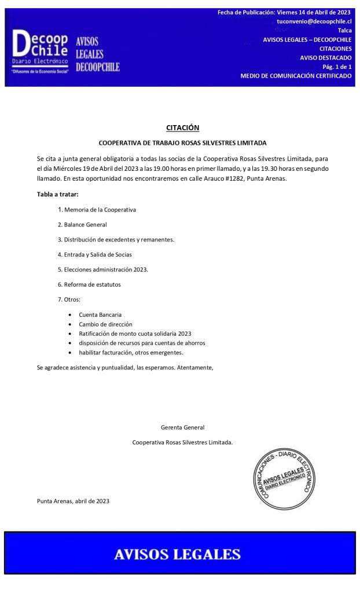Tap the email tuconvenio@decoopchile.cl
point(314,21)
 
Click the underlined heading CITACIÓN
point(182,127)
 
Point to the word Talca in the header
point(344,30)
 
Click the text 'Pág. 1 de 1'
point(337,67)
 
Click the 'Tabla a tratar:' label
point(57,194)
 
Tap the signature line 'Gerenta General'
point(182,427)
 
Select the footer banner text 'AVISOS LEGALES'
point(177,554)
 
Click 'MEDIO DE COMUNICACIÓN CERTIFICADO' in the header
point(296,76)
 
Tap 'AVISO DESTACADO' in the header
point(325,57)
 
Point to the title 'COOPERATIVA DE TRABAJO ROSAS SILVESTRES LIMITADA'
point(182,142)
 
